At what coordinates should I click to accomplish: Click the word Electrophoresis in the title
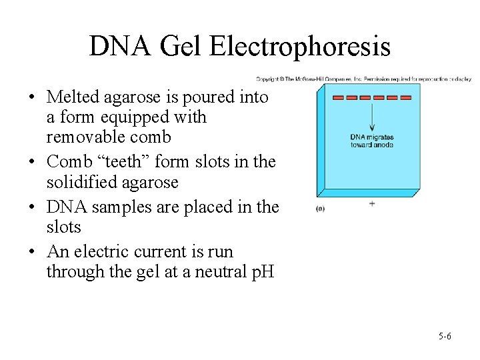coord(299,47)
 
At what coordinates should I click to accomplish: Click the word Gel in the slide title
coord(180,47)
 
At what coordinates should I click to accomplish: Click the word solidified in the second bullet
coord(77,183)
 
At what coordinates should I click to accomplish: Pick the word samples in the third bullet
coord(119,207)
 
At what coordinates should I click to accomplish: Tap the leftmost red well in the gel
coord(338,98)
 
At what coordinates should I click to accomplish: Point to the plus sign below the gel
coord(371,203)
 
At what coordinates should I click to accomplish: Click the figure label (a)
coord(321,208)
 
